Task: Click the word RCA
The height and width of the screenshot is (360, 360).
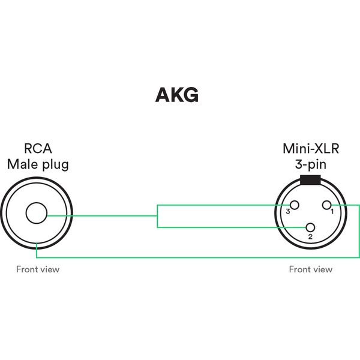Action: [x=37, y=148]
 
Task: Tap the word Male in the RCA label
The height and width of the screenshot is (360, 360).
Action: [x=22, y=164]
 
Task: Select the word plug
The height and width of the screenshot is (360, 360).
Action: [x=55, y=164]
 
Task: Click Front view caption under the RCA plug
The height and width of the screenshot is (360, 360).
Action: [x=37, y=269]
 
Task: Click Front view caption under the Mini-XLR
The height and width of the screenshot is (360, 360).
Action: [x=310, y=269]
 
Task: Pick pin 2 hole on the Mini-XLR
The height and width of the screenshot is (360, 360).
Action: [x=310, y=227]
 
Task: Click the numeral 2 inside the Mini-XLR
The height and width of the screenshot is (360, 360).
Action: [x=310, y=237]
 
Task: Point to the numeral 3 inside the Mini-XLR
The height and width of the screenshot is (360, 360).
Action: [x=288, y=212]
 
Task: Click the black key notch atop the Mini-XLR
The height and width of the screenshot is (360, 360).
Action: [x=310, y=180]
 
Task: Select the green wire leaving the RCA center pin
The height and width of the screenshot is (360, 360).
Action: [x=102, y=216]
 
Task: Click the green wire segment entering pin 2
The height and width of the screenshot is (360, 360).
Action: [x=240, y=227]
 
